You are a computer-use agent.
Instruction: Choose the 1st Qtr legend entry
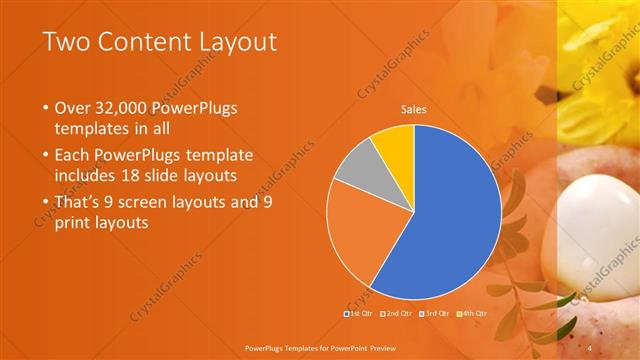pyautogui.click(x=359, y=313)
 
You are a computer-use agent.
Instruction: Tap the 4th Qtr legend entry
pyautogui.click(x=474, y=313)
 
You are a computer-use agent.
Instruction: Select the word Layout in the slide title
pyautogui.click(x=232, y=42)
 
